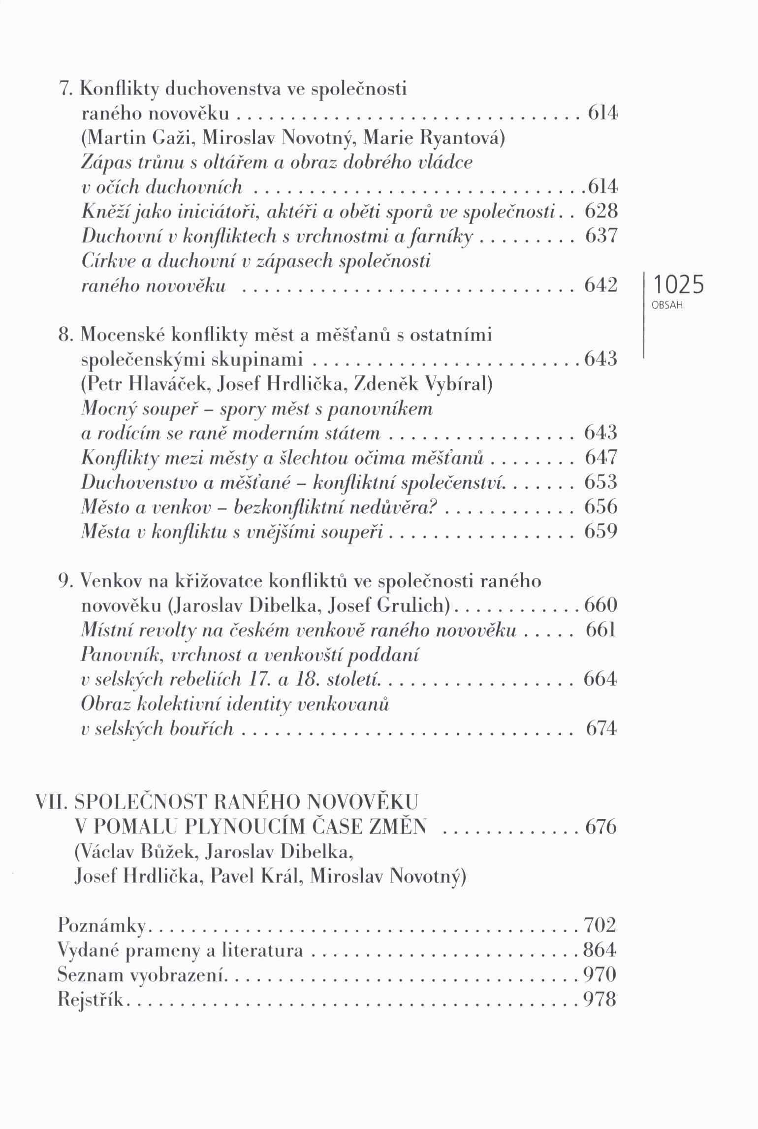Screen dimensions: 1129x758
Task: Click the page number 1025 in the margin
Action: (678, 285)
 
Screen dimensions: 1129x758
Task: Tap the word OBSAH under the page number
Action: (667, 305)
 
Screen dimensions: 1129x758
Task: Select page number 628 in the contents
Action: (601, 212)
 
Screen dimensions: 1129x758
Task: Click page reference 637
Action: (601, 236)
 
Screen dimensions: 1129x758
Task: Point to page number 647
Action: (601, 458)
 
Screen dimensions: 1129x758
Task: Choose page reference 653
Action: (601, 482)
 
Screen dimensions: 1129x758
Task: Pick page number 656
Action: (601, 506)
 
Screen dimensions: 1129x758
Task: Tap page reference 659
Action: (601, 532)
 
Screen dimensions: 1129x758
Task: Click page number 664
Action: (600, 679)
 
